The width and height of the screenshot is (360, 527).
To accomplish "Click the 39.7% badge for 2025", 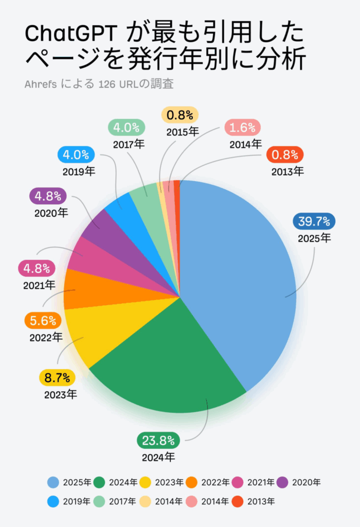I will (x=314, y=221).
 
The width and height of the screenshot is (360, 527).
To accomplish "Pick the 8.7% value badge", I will (x=57, y=378).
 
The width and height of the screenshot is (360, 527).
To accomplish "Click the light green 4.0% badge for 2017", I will (x=127, y=127).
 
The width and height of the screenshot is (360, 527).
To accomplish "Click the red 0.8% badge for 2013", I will (x=286, y=154).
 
